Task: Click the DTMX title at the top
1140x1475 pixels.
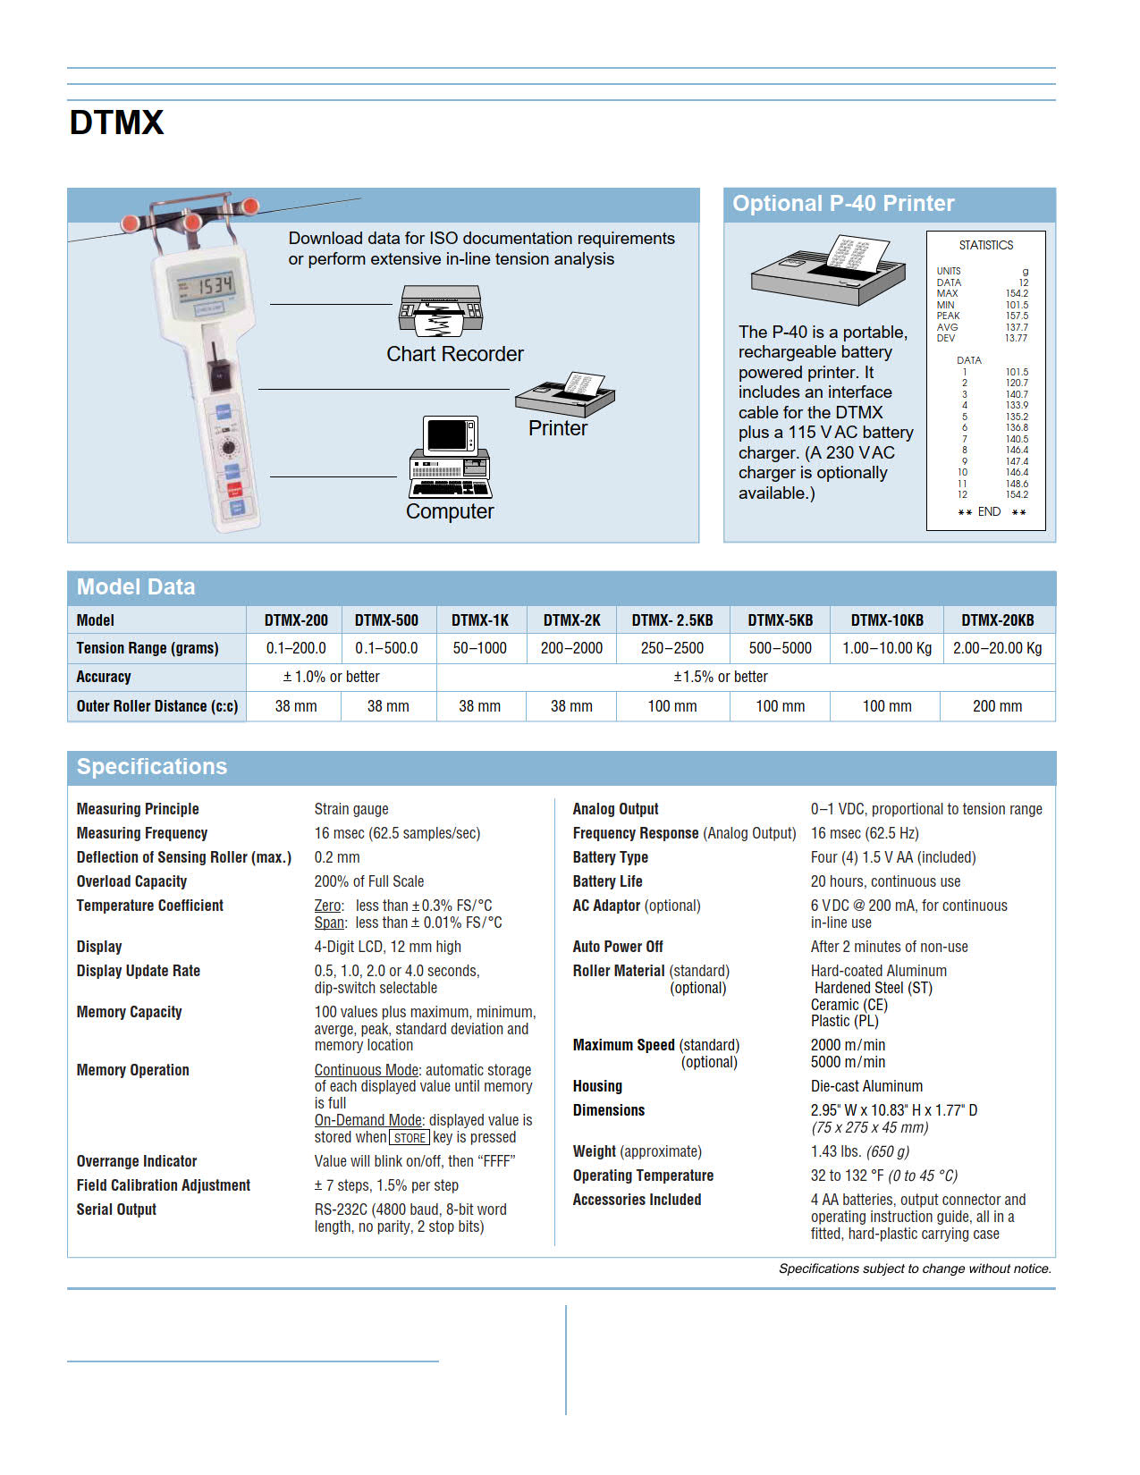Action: (116, 122)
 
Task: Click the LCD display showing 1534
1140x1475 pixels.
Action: (206, 287)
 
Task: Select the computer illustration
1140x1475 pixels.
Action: (450, 457)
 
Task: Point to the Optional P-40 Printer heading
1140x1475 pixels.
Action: (843, 204)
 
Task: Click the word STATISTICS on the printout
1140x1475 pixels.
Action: (985, 245)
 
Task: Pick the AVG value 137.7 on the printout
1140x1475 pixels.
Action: (1016, 327)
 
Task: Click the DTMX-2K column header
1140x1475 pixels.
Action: (571, 620)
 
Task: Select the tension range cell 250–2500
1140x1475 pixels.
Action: (671, 648)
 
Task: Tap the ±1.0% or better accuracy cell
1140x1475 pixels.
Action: (331, 677)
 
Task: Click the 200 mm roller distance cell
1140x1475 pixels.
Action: (997, 706)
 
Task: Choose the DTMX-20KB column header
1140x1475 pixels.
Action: (997, 620)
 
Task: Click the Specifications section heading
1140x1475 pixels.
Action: (152, 767)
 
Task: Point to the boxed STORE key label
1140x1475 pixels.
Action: (410, 1138)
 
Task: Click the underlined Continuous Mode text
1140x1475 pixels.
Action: (366, 1070)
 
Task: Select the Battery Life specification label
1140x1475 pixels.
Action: (607, 881)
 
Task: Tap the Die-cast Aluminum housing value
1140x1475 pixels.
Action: (866, 1086)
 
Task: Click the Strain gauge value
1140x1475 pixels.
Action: (350, 809)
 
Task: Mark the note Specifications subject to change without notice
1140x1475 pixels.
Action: (914, 1268)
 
